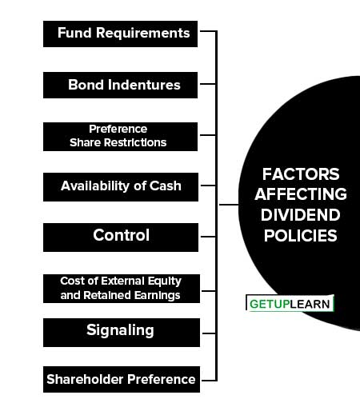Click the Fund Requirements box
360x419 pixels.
click(x=120, y=34)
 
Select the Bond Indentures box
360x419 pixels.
click(x=120, y=85)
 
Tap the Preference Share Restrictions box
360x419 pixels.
click(x=120, y=137)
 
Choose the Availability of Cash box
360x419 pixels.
click(x=121, y=187)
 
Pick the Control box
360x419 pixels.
click(x=121, y=237)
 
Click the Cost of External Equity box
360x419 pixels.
click(x=122, y=289)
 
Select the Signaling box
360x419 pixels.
click(x=122, y=333)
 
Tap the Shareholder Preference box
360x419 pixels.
click(x=122, y=379)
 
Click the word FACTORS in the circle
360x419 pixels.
click(x=301, y=174)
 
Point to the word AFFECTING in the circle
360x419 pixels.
click(x=301, y=194)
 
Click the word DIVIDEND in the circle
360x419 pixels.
click(x=301, y=215)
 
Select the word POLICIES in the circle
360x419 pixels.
click(x=301, y=236)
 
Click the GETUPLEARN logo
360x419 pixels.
click(x=290, y=303)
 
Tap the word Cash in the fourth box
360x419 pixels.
click(x=165, y=186)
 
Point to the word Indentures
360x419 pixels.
click(x=144, y=85)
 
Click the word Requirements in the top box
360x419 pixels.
click(x=142, y=33)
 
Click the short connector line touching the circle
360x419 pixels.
click(x=229, y=205)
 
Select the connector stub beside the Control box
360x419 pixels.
click(x=208, y=237)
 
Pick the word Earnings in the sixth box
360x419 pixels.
click(x=157, y=296)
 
